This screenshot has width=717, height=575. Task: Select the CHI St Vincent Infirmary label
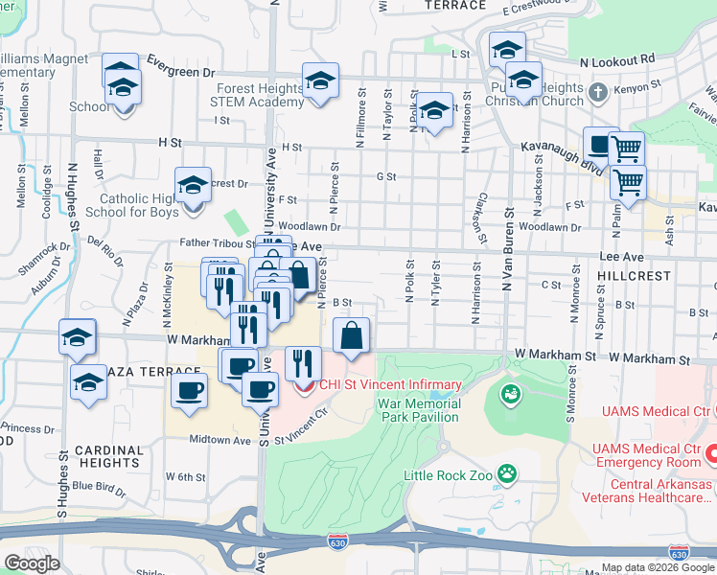click(390, 385)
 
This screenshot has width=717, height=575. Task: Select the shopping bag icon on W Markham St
click(352, 336)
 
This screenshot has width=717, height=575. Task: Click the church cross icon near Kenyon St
click(598, 93)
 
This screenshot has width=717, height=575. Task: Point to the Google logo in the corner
click(32, 563)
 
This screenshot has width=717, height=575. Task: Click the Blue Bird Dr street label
click(99, 486)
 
